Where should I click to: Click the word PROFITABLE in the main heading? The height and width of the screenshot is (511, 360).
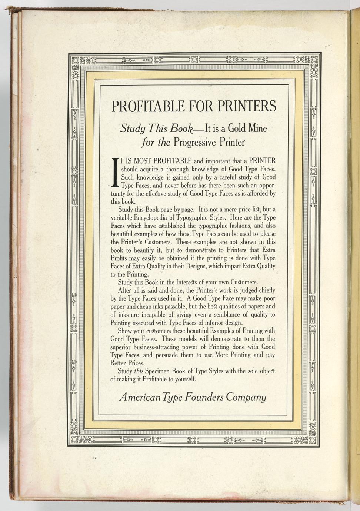(147, 106)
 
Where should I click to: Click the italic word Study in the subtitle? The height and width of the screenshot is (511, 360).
(132, 128)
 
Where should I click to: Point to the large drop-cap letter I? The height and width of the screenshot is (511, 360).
(115, 173)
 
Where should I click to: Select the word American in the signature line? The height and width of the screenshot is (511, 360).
(140, 397)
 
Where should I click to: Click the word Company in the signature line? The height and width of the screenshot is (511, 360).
(246, 397)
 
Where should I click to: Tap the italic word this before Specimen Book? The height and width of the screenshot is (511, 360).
(139, 371)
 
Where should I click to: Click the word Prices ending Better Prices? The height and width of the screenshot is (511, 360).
(136, 363)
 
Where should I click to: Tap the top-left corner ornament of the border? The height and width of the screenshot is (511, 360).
(75, 60)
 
